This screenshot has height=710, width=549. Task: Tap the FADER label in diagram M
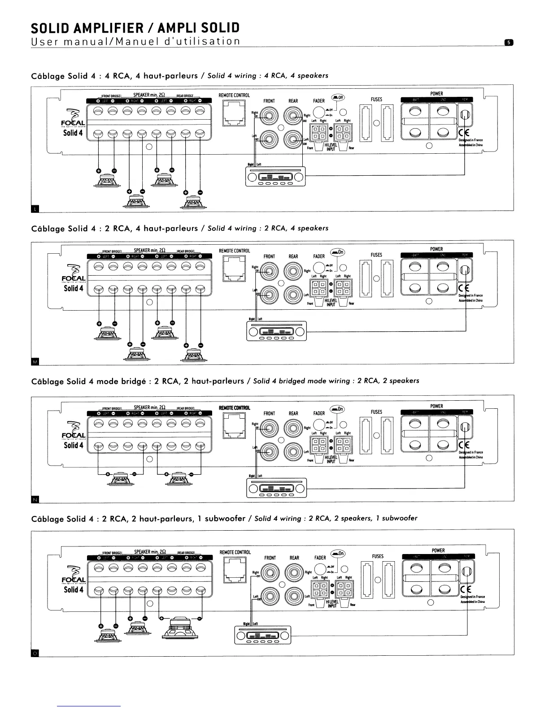click(319, 256)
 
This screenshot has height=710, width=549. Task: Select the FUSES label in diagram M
click(376, 255)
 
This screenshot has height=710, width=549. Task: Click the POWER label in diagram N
click(436, 406)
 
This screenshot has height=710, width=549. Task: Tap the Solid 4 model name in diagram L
click(73, 133)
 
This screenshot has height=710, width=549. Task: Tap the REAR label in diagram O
click(294, 558)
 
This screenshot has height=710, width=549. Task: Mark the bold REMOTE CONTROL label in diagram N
click(234, 408)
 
